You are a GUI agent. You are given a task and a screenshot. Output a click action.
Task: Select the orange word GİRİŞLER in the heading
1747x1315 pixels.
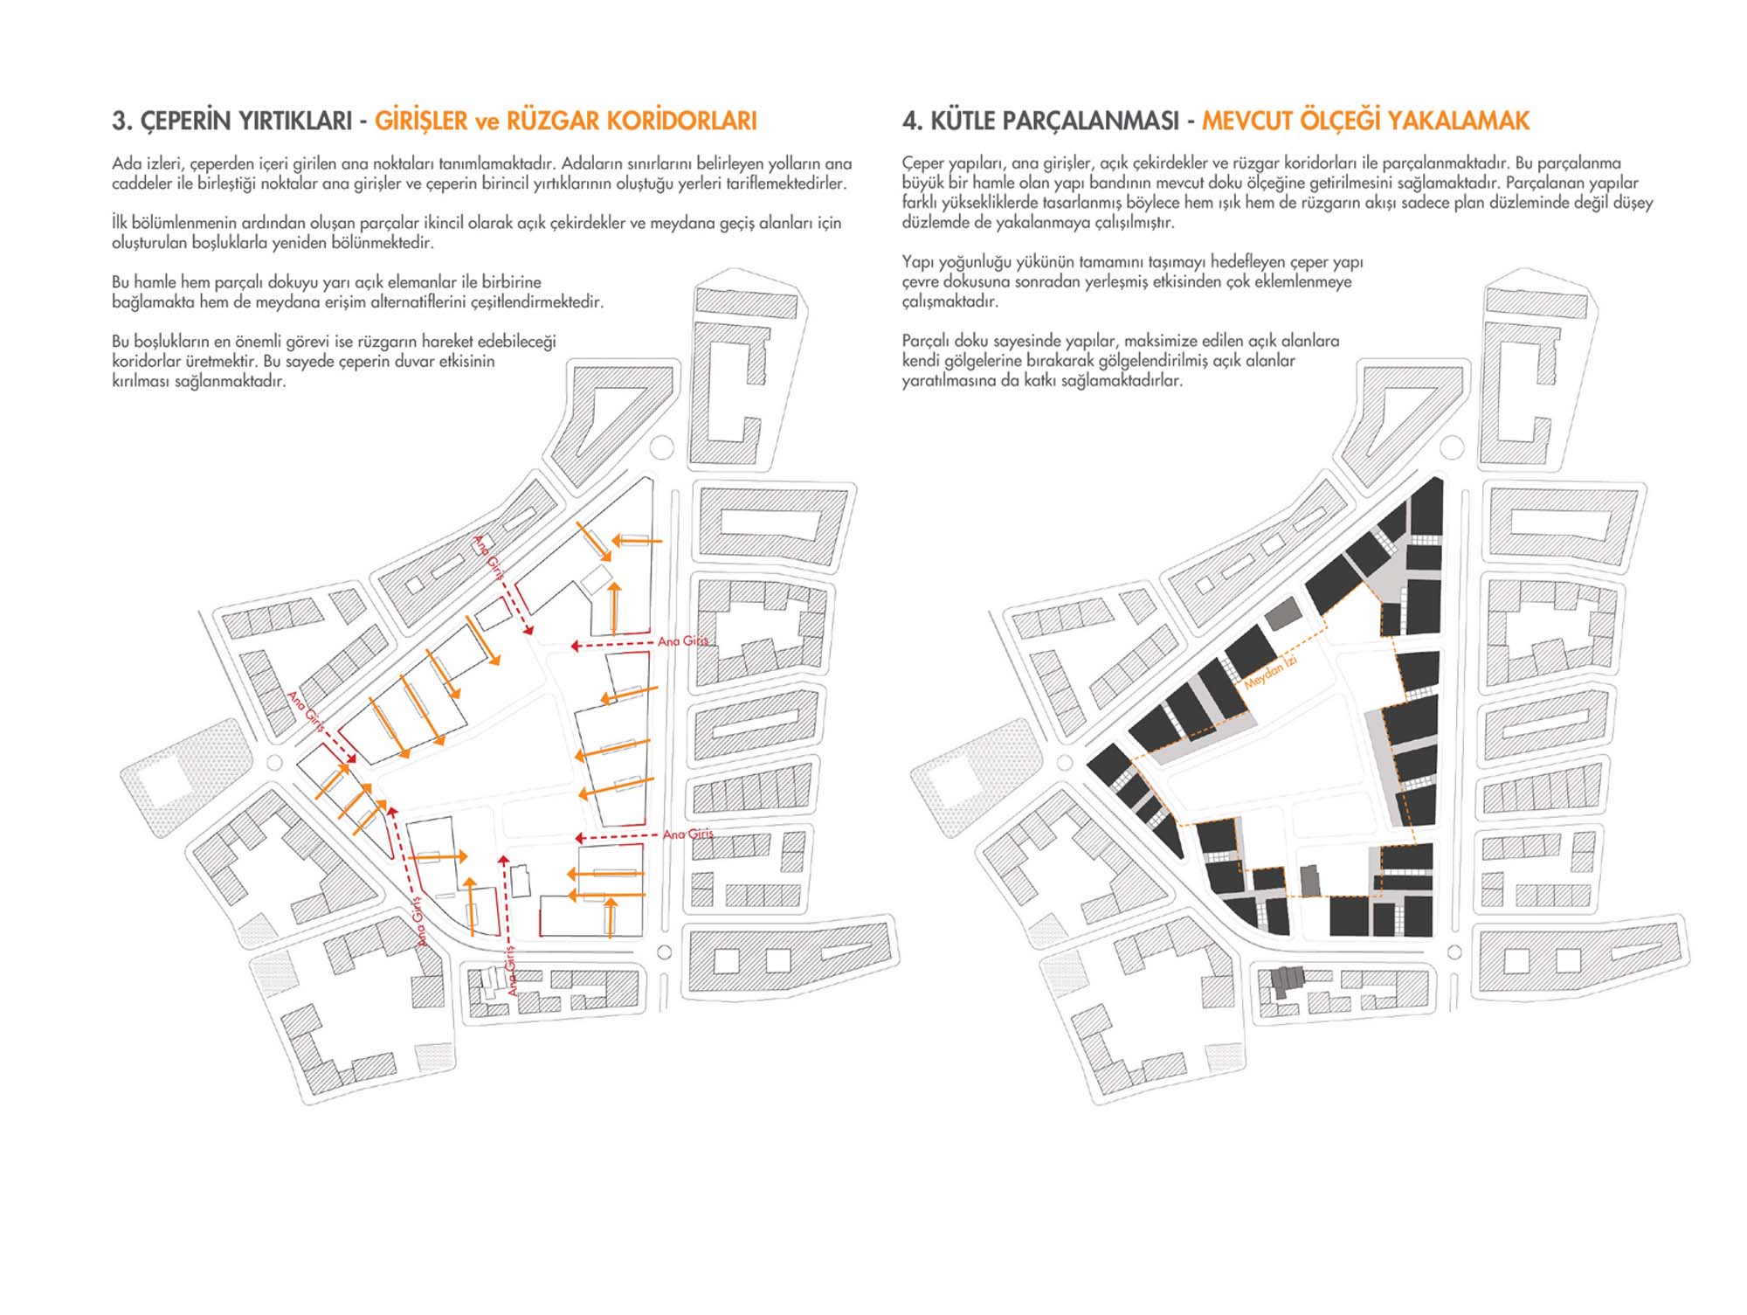coord(421,121)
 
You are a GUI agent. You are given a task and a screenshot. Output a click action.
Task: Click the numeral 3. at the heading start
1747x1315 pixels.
coord(121,121)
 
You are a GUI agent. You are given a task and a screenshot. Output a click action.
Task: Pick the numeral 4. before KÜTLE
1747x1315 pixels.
coord(913,121)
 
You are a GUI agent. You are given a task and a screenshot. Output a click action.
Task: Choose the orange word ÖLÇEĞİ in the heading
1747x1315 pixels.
coord(1339,121)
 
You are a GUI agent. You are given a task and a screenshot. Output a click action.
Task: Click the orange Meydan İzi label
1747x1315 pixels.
coord(1270,672)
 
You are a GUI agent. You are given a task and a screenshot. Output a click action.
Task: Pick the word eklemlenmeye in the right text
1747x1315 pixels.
coord(1303,282)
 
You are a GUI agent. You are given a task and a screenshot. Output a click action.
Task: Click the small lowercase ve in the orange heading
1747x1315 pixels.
coord(487,122)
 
